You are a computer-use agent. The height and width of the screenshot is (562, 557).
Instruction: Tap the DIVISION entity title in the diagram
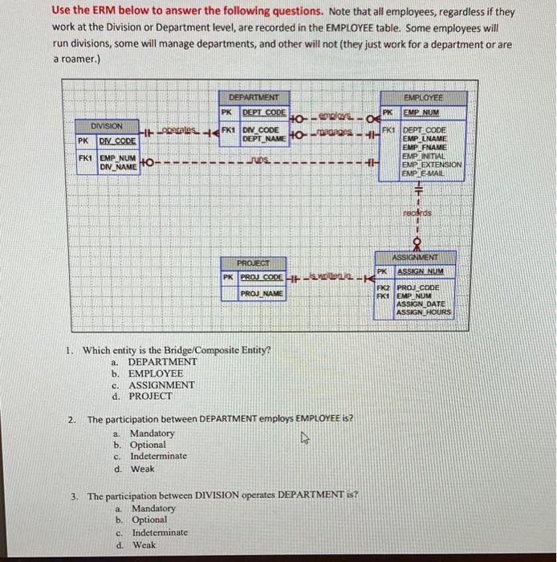click(x=106, y=126)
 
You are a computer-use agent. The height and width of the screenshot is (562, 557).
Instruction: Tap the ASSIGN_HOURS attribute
click(x=425, y=312)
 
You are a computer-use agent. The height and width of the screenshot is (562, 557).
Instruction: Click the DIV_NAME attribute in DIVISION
click(x=117, y=166)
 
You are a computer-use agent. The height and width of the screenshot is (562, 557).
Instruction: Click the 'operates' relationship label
click(x=179, y=128)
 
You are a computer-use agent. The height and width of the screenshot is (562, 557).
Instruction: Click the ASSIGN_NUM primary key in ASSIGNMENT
click(x=423, y=272)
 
